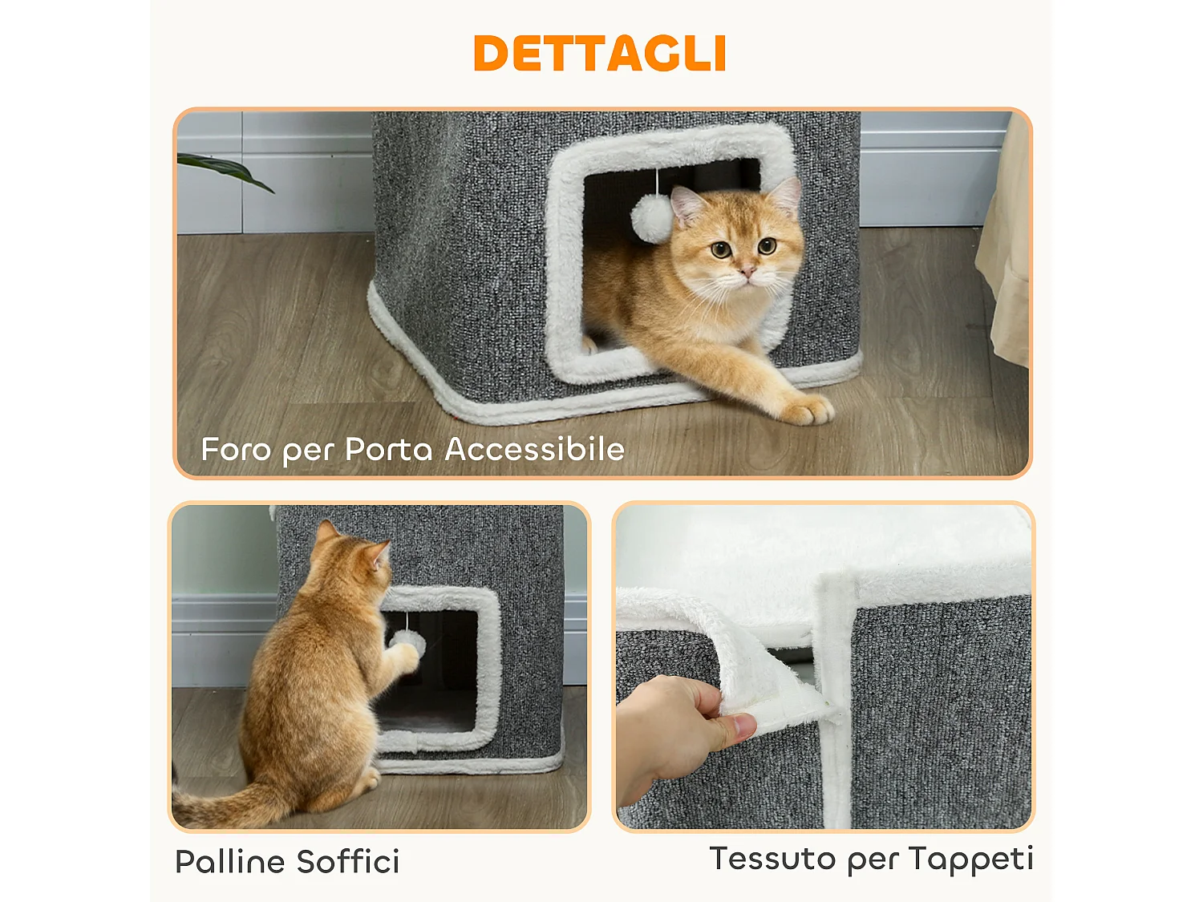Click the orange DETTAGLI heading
pos(600,54)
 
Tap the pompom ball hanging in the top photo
pos(651,218)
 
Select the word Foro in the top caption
pos(236,450)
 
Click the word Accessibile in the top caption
pos(534,449)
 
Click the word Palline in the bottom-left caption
pos(230,862)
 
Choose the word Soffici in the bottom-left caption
pos(348,862)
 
